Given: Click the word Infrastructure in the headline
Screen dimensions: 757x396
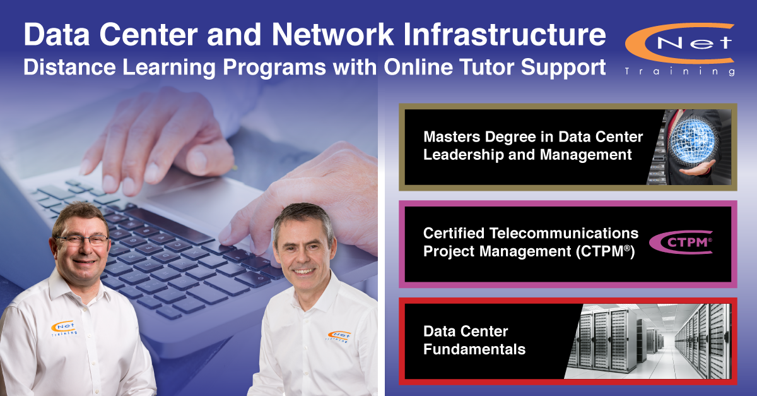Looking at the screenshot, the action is [505, 35].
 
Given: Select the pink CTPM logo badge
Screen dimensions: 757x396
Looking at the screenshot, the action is [681, 243].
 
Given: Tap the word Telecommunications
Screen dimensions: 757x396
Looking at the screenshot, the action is [564, 233].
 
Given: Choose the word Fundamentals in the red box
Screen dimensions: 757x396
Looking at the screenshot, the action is [474, 349].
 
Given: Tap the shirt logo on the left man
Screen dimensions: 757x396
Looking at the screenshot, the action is [64, 328].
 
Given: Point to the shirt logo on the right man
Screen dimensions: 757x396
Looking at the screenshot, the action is [339, 337].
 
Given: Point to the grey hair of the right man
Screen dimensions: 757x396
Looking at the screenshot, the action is [302, 217].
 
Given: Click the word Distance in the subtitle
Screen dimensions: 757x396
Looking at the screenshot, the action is [69, 67].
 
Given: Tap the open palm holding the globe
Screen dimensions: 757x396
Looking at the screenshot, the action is [697, 169].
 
